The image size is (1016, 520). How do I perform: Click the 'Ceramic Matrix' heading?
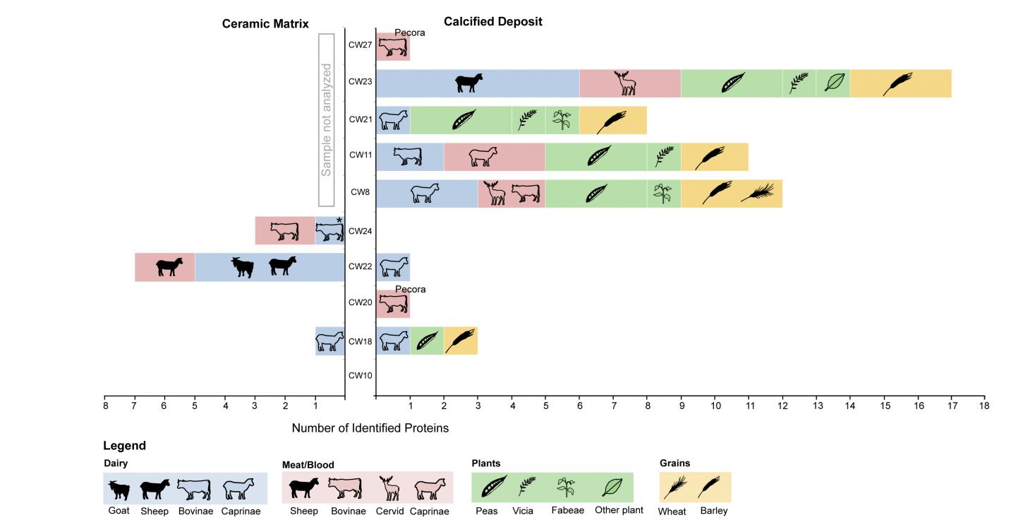[265, 24]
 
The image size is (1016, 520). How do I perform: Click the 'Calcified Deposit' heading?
[492, 22]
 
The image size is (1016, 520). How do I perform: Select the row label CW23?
[360, 81]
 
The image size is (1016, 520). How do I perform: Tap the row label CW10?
[360, 375]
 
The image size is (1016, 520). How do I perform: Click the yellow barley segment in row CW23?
[900, 83]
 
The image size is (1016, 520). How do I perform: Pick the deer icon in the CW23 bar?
[624, 83]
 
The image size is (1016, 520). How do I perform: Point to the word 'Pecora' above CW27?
[410, 32]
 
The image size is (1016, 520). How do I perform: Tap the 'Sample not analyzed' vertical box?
[326, 119]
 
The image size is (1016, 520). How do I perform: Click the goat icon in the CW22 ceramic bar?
[243, 267]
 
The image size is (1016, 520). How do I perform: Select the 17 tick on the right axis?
[951, 406]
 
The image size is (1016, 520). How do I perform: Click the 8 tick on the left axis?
[104, 406]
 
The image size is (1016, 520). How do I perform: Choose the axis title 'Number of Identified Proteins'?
[370, 428]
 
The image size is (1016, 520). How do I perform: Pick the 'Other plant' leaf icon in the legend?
[612, 487]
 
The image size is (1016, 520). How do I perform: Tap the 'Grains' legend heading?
[675, 463]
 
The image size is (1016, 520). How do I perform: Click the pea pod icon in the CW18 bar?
[426, 341]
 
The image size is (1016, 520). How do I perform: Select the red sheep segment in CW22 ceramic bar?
[164, 267]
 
